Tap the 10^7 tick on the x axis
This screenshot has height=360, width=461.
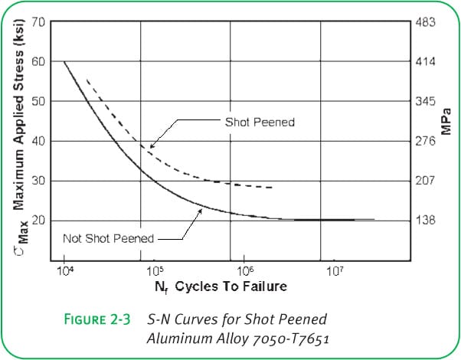334,270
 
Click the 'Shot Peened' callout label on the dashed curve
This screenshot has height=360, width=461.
260,122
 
